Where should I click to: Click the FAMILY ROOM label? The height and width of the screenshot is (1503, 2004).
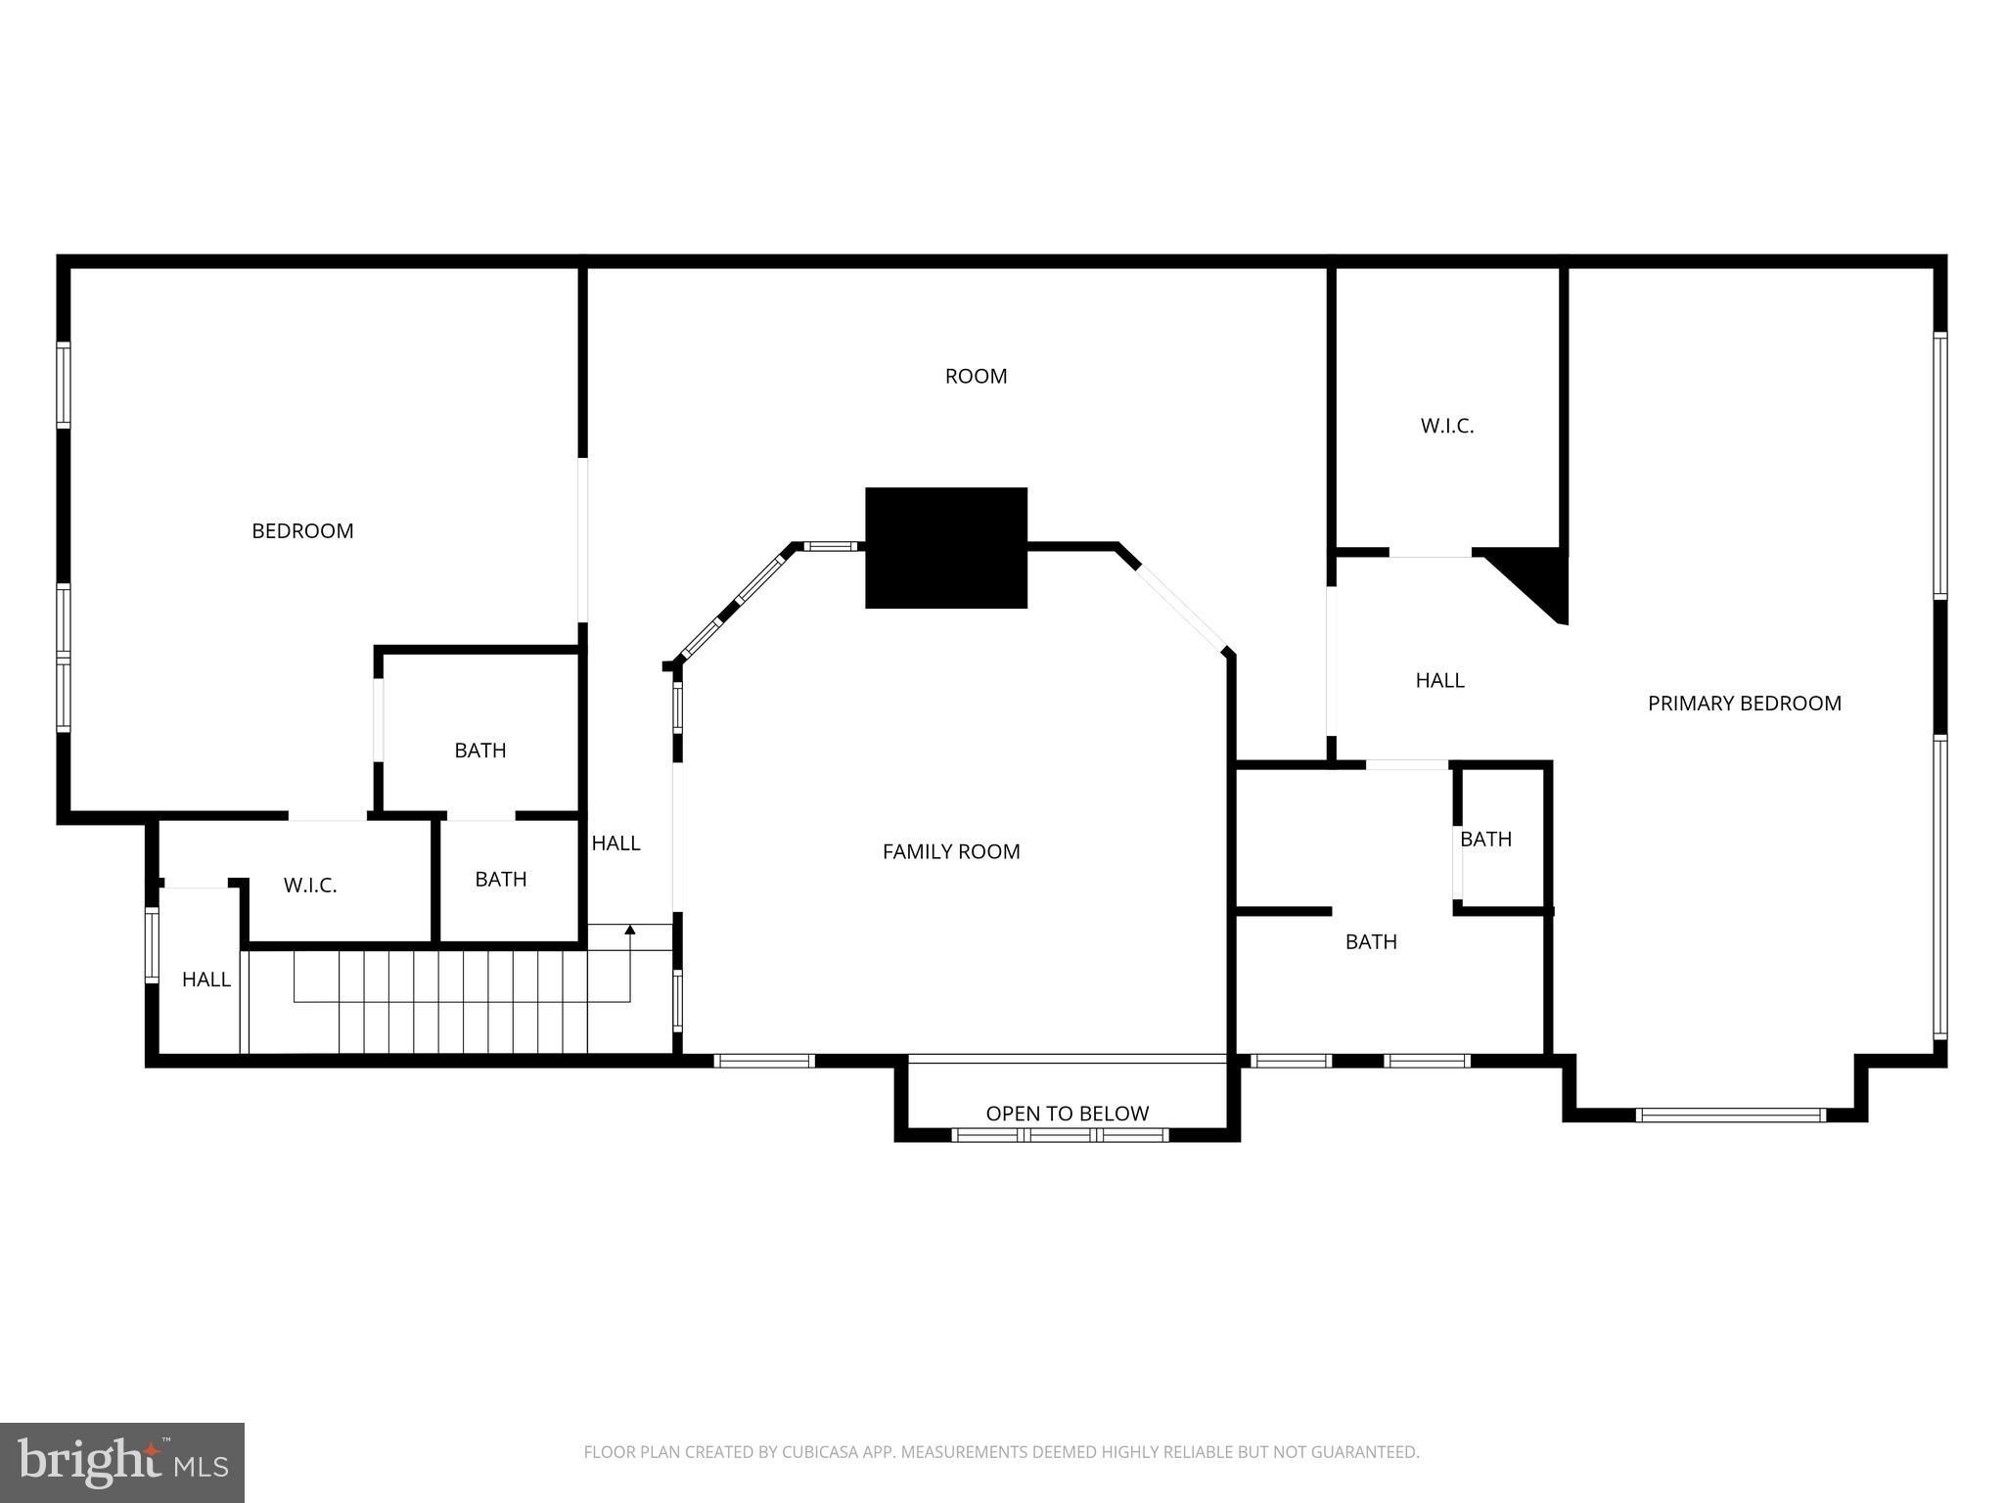click(x=951, y=851)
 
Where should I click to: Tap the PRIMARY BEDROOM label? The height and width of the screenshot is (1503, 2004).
click(x=1745, y=703)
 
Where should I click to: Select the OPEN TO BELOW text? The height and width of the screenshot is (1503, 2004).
click(x=1068, y=1114)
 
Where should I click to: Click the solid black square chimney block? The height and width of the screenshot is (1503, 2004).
click(x=946, y=548)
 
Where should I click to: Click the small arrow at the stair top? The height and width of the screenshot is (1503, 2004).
click(x=630, y=930)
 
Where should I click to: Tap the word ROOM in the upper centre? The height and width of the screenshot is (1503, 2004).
click(x=976, y=376)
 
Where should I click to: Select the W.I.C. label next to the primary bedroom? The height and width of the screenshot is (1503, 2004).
click(x=1447, y=426)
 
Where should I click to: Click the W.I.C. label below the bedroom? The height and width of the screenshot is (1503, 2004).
click(x=310, y=886)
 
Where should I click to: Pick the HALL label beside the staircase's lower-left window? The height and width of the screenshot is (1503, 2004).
click(x=206, y=979)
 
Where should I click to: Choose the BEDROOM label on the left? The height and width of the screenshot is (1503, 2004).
click(x=302, y=530)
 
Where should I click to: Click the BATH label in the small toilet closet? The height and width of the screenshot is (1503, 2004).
click(x=1485, y=839)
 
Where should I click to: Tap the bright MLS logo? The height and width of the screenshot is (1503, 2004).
click(x=122, y=1463)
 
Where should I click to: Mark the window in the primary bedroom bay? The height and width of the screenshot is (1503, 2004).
click(x=1730, y=1115)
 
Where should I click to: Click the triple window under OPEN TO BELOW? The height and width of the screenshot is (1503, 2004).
click(x=1061, y=1135)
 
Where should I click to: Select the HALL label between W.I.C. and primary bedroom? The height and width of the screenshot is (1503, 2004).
click(x=1439, y=680)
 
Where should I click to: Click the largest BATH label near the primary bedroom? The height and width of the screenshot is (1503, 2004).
click(x=1371, y=941)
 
